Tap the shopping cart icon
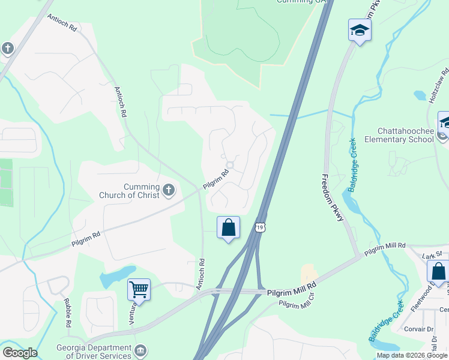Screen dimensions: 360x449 click(139, 289)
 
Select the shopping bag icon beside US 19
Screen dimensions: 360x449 click(228, 227)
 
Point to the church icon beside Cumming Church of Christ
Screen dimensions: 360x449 click(169, 191)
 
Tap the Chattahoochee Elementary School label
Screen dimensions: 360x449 click(405, 135)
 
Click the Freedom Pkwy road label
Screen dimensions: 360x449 click(333, 198)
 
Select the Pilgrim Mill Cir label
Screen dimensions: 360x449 click(297, 304)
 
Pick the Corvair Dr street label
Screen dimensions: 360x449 click(419, 329)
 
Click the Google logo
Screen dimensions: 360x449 click(20, 353)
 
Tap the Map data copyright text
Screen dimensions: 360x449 click(412, 355)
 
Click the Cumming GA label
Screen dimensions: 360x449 click(301, 2)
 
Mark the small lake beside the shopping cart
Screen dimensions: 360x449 click(114, 278)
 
